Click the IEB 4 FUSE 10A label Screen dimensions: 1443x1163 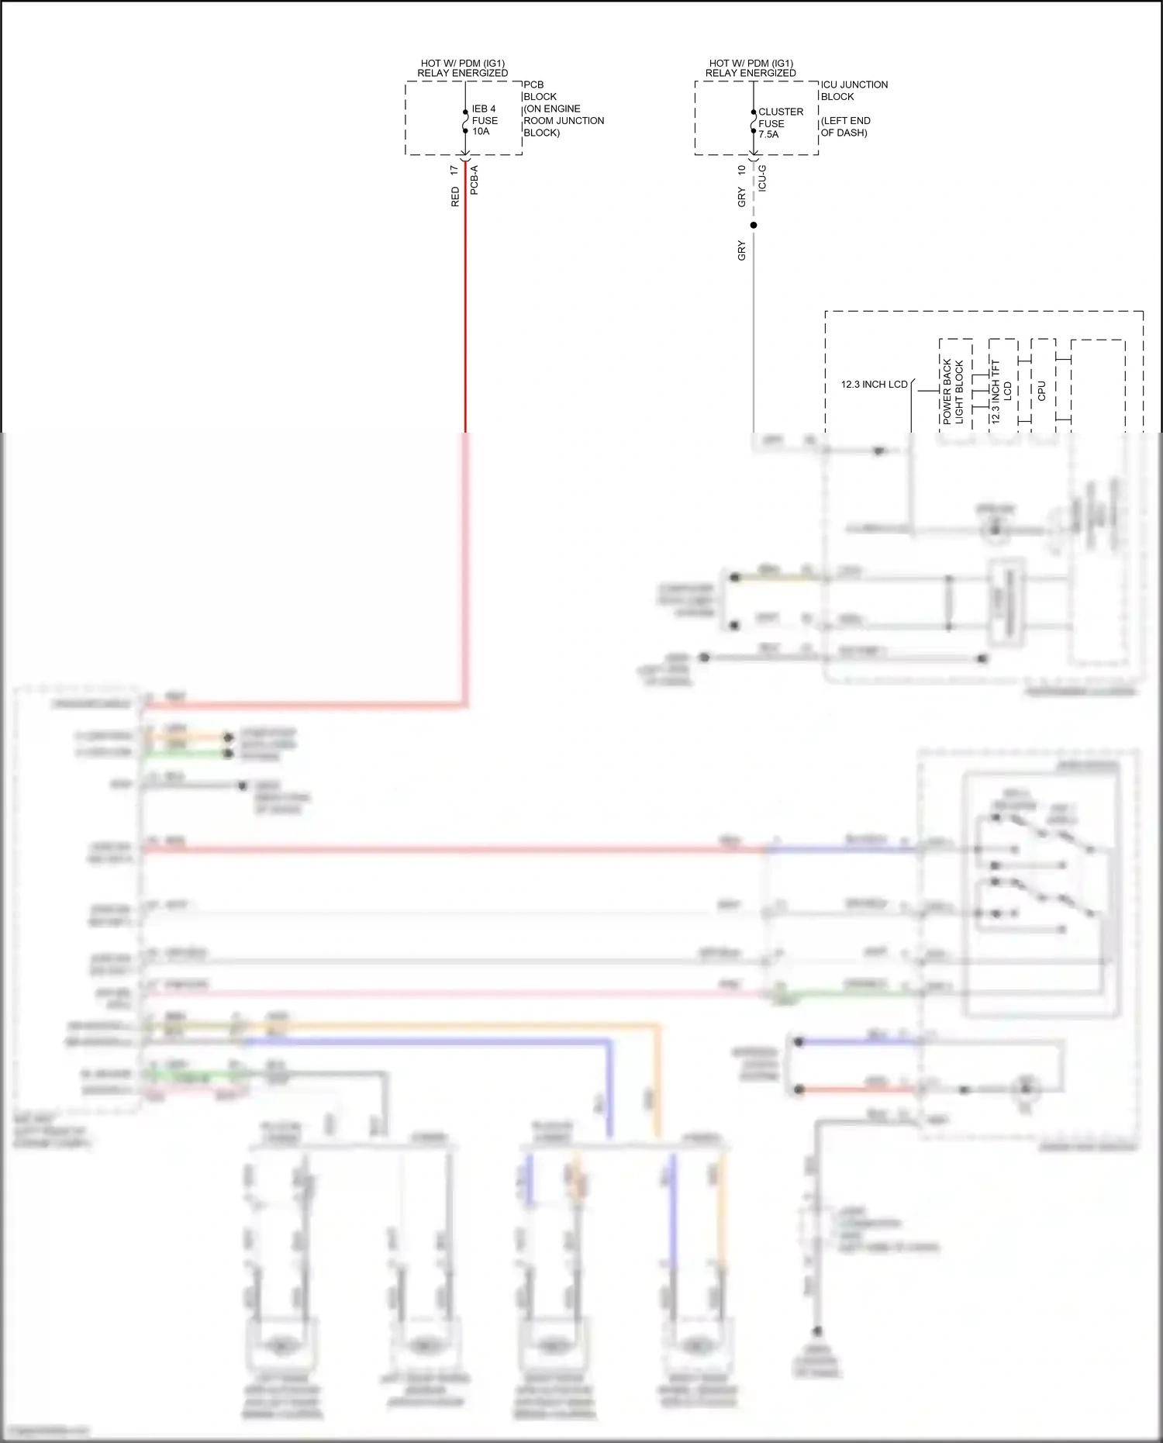[x=484, y=120]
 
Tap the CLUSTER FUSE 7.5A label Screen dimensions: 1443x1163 [x=780, y=123]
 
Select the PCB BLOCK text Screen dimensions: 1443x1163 [x=540, y=91]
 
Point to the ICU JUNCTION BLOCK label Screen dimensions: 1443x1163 [x=854, y=91]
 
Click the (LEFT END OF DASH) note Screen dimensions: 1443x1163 [x=845, y=126]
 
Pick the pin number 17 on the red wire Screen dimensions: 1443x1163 [x=454, y=169]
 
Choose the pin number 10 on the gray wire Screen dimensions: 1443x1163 [x=742, y=169]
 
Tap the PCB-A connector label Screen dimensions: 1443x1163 [x=475, y=180]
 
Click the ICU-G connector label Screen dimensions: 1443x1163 [x=763, y=178]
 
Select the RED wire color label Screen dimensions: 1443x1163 [x=455, y=197]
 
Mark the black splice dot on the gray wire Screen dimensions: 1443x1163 [x=754, y=226]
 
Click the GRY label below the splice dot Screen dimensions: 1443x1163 [x=742, y=250]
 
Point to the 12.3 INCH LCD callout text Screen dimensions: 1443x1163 [x=874, y=385]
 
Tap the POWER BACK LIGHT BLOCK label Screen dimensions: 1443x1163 [x=953, y=391]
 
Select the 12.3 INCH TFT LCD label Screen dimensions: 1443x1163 [x=1001, y=391]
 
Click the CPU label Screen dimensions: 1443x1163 [x=1041, y=391]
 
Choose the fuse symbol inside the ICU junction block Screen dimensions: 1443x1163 [x=754, y=122]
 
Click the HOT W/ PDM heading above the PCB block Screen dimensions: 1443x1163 [x=463, y=68]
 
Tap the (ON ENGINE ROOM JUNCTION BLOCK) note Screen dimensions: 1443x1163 [x=564, y=121]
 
